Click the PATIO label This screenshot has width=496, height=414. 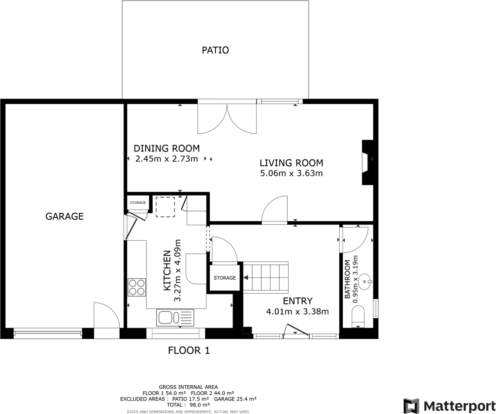pos(215,50)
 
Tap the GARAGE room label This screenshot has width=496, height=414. pos(64,216)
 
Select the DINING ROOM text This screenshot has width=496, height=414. pos(167,149)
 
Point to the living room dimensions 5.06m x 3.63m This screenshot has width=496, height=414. pos(291,174)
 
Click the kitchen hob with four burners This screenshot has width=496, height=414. pos(136,287)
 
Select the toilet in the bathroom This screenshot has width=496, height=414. pos(359,318)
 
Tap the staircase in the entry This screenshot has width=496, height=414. pos(266,278)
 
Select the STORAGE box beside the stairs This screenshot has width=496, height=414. pos(225,278)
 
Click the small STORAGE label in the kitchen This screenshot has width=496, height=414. pos(138,203)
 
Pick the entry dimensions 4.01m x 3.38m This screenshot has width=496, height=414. pos(297,312)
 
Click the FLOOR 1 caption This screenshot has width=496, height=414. pos(189,351)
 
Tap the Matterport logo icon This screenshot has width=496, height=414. pos(411,406)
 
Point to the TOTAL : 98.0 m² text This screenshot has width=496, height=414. pos(188,405)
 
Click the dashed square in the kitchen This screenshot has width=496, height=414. pos(165,207)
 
